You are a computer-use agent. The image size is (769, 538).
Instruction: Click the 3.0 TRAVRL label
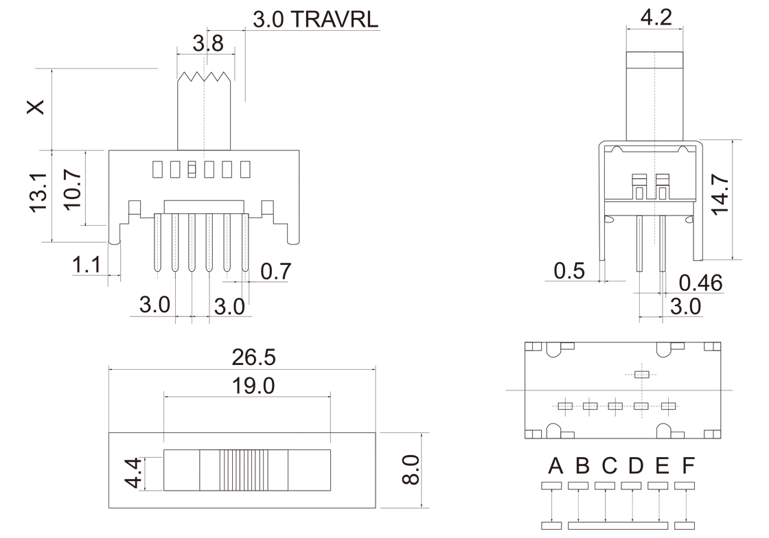[315, 19]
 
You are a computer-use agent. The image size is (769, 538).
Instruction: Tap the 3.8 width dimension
[207, 44]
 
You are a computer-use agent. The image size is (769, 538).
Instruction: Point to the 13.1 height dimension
[38, 191]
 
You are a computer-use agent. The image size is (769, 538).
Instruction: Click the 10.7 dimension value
[71, 189]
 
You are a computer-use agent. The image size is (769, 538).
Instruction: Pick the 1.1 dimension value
[87, 266]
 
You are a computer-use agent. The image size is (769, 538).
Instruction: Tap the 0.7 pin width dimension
[276, 272]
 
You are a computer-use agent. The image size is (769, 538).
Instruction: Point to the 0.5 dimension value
[569, 271]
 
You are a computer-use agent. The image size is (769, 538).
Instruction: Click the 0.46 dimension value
[700, 283]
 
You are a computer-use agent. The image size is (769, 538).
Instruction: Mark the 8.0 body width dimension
[409, 469]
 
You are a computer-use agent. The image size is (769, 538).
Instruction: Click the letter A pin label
[555, 467]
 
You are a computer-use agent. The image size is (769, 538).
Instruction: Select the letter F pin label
[687, 467]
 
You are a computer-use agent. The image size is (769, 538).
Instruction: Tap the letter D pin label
[635, 467]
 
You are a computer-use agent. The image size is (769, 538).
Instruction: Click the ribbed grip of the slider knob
[243, 470]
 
